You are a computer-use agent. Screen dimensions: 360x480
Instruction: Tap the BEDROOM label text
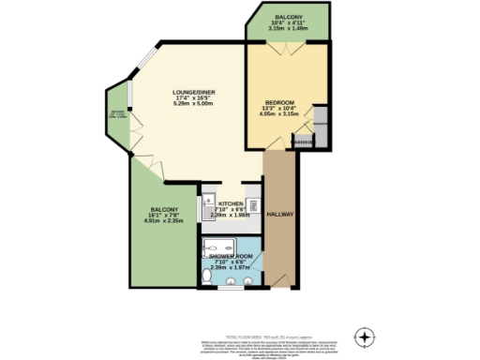[279, 101]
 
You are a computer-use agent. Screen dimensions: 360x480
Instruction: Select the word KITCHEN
[231, 203]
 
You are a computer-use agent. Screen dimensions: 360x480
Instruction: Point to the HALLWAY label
[280, 215]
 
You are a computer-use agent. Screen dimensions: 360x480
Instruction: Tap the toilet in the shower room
[207, 276]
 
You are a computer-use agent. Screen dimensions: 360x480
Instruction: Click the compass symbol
[365, 337]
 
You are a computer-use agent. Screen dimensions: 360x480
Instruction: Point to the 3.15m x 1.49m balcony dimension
[288, 28]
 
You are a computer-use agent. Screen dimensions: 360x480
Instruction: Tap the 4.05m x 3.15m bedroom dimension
[279, 115]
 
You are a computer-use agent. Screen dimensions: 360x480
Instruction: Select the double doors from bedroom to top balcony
[287, 45]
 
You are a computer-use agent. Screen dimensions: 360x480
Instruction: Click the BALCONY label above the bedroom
[288, 15]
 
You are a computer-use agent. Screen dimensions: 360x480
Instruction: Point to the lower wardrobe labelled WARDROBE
[303, 142]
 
